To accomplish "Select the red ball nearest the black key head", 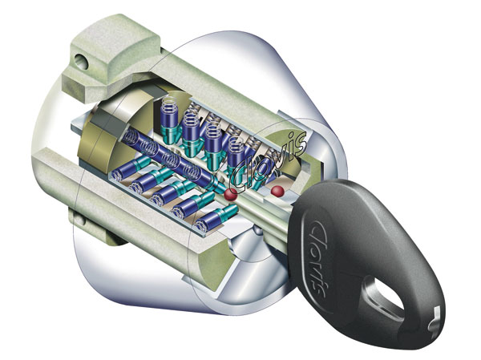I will click(x=277, y=191).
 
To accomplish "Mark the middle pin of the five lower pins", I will click(x=170, y=195).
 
